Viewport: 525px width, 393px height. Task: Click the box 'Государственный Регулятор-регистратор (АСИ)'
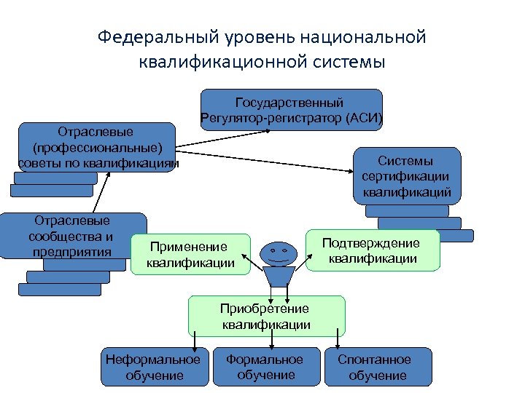[290, 109]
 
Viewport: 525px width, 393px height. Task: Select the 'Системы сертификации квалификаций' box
[406, 176]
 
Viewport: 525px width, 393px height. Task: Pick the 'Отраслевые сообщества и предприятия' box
[73, 236]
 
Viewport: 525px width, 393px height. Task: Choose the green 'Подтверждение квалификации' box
[373, 250]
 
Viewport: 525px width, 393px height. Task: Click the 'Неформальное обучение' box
[152, 367]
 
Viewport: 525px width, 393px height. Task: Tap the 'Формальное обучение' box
[265, 367]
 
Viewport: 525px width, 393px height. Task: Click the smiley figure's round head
[278, 253]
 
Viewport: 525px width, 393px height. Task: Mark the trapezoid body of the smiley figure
[278, 277]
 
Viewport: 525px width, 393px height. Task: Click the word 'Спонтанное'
[374, 360]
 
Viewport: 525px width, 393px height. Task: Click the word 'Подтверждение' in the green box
[371, 243]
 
